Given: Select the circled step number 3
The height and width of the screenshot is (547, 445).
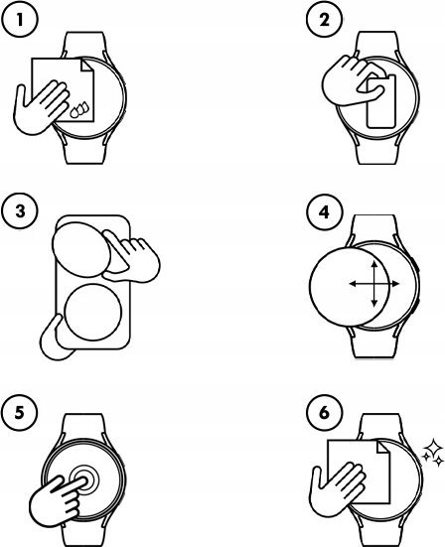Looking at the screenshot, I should (x=17, y=210).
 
